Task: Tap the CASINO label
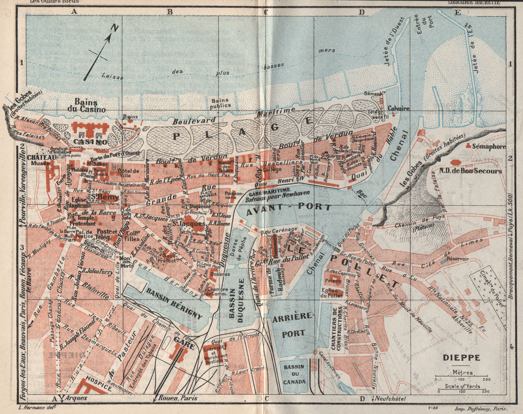pos(90,142)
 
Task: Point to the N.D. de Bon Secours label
pos(477,171)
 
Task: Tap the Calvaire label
pos(399,109)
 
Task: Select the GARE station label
pos(184,339)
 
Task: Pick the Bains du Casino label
pos(89,106)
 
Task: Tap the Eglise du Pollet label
pos(333,294)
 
